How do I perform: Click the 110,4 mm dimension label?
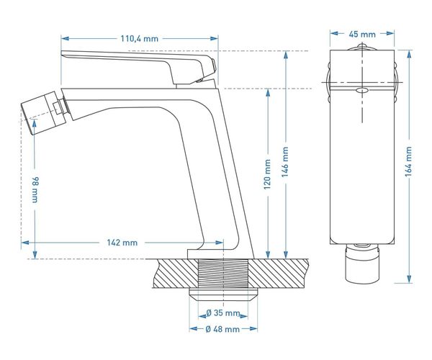[139, 39]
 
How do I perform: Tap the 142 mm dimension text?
[122, 243]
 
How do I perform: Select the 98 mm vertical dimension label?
[35, 189]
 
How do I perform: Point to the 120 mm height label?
[267, 174]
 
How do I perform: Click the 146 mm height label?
[285, 162]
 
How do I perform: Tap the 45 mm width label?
[362, 35]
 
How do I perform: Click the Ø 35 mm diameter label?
[223, 313]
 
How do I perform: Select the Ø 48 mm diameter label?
[222, 329]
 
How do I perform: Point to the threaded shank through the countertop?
[224, 274]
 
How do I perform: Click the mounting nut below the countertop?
[223, 294]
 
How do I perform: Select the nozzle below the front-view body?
[362, 264]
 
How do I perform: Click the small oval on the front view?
[362, 90]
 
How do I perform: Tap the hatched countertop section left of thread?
[176, 274]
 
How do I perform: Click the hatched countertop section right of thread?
[279, 274]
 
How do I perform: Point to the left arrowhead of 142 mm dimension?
[25, 243]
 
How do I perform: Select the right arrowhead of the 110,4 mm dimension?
[214, 39]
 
